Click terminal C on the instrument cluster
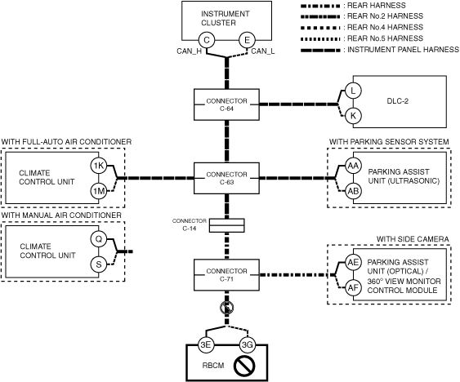tap(207, 40)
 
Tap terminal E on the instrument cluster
tap(247, 40)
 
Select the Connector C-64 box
tap(226, 104)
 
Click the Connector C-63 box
tap(226, 178)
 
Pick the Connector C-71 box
tap(226, 275)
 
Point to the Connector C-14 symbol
tap(227, 225)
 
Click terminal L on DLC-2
tap(353, 91)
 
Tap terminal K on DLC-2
tap(353, 116)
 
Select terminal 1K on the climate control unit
tap(99, 166)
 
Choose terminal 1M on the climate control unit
tap(99, 191)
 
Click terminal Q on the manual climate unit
tap(99, 239)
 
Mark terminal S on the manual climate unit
tap(99, 264)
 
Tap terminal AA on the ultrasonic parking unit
tap(353, 166)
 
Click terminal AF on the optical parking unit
tap(353, 288)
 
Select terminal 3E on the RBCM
tap(206, 344)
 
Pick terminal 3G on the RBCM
tap(247, 344)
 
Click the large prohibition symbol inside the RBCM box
tap(244, 366)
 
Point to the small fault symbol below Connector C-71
tap(227, 308)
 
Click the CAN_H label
tap(190, 51)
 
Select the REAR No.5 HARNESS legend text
tap(385, 38)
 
